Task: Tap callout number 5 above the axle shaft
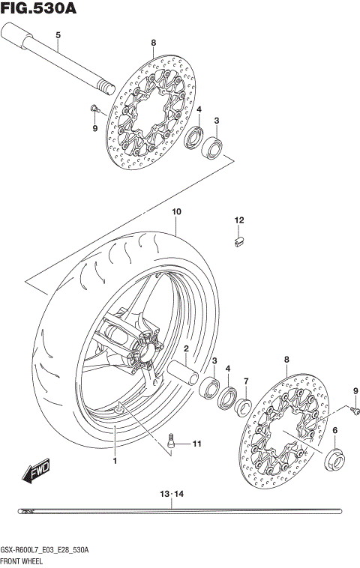[58, 36]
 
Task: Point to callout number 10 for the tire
[176, 212]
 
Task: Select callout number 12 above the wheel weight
[238, 220]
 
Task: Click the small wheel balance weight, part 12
[238, 241]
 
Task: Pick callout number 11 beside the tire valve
[196, 444]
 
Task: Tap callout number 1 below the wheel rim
[115, 461]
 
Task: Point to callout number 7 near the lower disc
[245, 382]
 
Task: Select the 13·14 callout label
[172, 494]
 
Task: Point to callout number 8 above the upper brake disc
[153, 43]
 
